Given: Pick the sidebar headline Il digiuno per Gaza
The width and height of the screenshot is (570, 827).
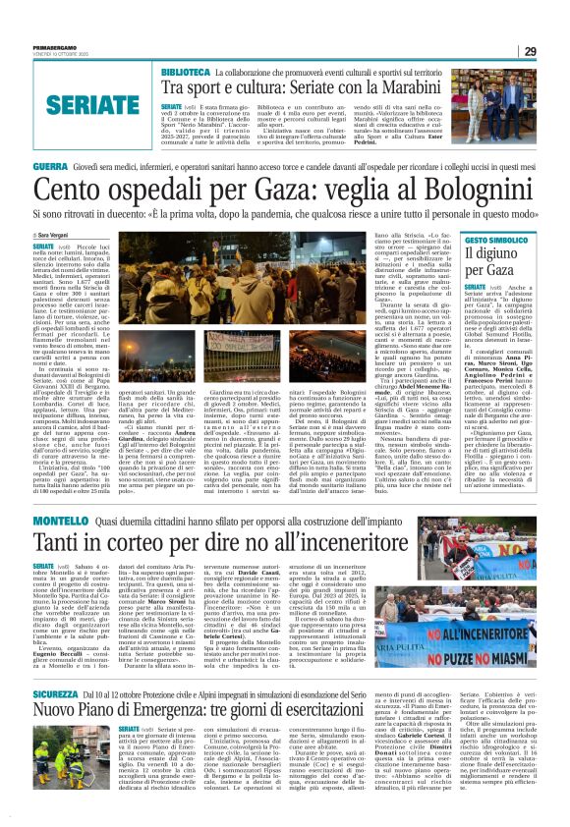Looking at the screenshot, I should tap(495, 262).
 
